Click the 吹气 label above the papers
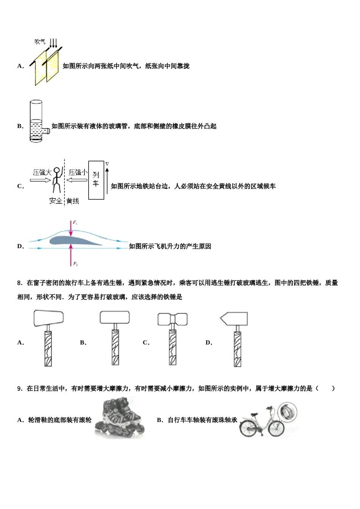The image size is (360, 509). (40, 42)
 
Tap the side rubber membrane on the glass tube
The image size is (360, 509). (47, 131)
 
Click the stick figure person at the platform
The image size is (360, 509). (56, 180)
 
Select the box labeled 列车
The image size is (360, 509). (96, 180)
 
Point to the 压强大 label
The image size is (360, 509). (42, 173)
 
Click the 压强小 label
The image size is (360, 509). (78, 173)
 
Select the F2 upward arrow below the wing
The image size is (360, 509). (71, 255)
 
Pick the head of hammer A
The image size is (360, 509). (49, 318)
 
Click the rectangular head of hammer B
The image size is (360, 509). (115, 318)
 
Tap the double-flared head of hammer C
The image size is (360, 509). (172, 319)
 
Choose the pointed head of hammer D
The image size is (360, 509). (234, 319)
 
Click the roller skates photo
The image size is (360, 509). (120, 418)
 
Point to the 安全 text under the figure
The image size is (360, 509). (55, 201)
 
